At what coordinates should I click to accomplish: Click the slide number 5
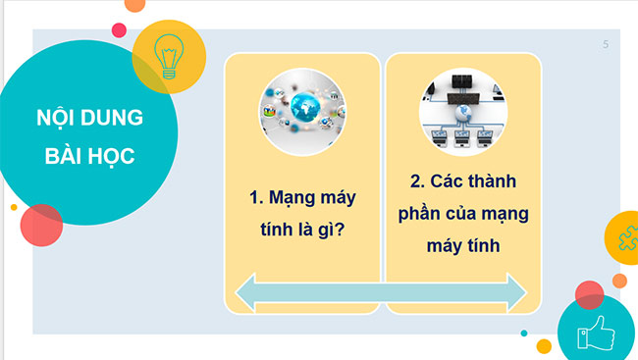point(606,44)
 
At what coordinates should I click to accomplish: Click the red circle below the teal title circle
point(41,225)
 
